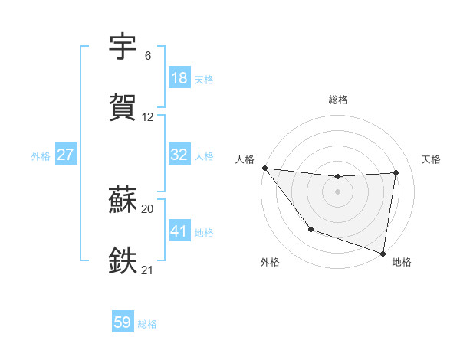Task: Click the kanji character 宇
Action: (123, 48)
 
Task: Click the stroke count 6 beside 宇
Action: (147, 56)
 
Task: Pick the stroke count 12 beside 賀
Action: (148, 117)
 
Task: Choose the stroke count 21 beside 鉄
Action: (148, 270)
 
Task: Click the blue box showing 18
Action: (179, 78)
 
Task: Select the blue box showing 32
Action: (179, 155)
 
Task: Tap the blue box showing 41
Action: (179, 231)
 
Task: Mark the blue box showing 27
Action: (65, 155)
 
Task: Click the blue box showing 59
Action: (122, 322)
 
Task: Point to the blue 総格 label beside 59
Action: (147, 324)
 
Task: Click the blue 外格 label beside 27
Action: (41, 156)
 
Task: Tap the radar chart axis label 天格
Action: (432, 159)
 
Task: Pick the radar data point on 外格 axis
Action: (310, 229)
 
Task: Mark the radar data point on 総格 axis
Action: (337, 177)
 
